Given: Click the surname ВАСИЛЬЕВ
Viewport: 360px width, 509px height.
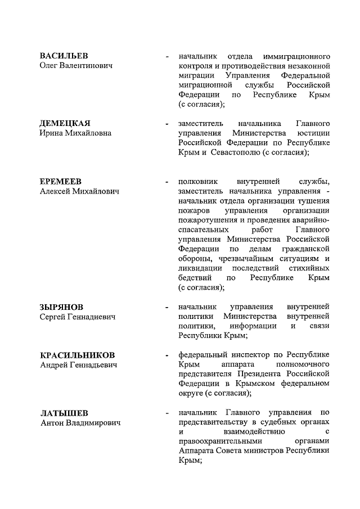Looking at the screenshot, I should click(x=64, y=57).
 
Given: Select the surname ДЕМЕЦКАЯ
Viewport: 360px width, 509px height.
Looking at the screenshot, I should click(x=65, y=123).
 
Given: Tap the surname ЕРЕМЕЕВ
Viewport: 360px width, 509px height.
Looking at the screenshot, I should click(x=61, y=181).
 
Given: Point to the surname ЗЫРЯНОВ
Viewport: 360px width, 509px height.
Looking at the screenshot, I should click(x=62, y=307).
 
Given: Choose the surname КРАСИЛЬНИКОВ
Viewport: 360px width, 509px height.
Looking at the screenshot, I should click(x=78, y=355).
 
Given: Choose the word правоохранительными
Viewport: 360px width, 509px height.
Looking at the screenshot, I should click(x=215, y=442).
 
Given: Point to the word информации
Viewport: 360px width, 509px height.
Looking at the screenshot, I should click(x=253, y=326).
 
